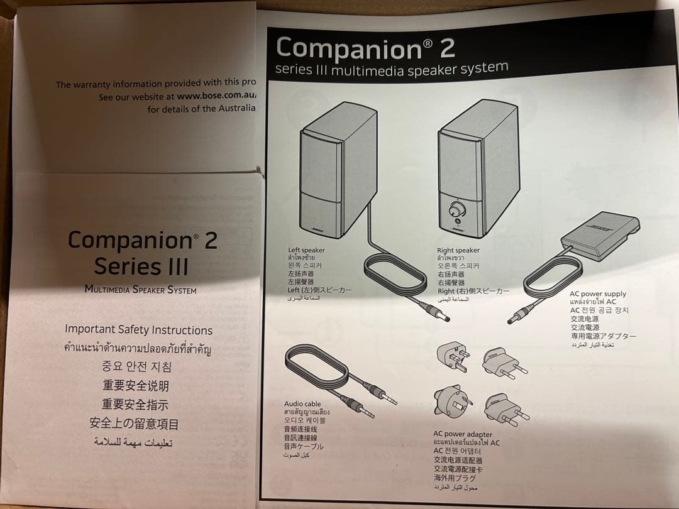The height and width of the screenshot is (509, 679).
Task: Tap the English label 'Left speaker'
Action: (306, 250)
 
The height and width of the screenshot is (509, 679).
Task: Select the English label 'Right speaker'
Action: (458, 250)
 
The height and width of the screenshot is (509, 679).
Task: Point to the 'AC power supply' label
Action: (598, 293)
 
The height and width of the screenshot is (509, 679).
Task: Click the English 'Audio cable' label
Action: (302, 403)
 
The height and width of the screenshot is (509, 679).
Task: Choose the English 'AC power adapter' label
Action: (463, 434)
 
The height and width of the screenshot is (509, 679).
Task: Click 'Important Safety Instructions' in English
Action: (138, 329)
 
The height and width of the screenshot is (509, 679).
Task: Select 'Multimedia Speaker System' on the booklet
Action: (140, 290)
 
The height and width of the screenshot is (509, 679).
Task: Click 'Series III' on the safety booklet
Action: (141, 266)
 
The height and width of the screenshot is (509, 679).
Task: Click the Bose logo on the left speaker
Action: (317, 229)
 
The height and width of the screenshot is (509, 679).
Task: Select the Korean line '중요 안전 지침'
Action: (136, 366)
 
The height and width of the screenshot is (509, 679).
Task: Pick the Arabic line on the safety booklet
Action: (133, 442)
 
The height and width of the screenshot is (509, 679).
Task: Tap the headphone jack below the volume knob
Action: (457, 221)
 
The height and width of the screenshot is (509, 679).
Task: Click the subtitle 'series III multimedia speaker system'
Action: (392, 68)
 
